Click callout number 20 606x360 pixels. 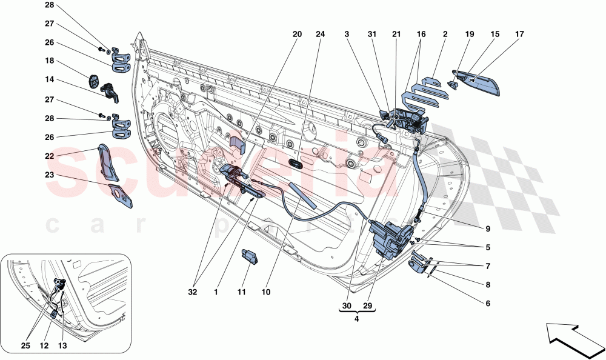[x=297, y=35]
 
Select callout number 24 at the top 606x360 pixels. [x=320, y=35]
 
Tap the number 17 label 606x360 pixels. [x=519, y=35]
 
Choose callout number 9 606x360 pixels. [x=487, y=229]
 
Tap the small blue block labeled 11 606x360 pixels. [x=251, y=256]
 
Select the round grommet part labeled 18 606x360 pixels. [x=95, y=81]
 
